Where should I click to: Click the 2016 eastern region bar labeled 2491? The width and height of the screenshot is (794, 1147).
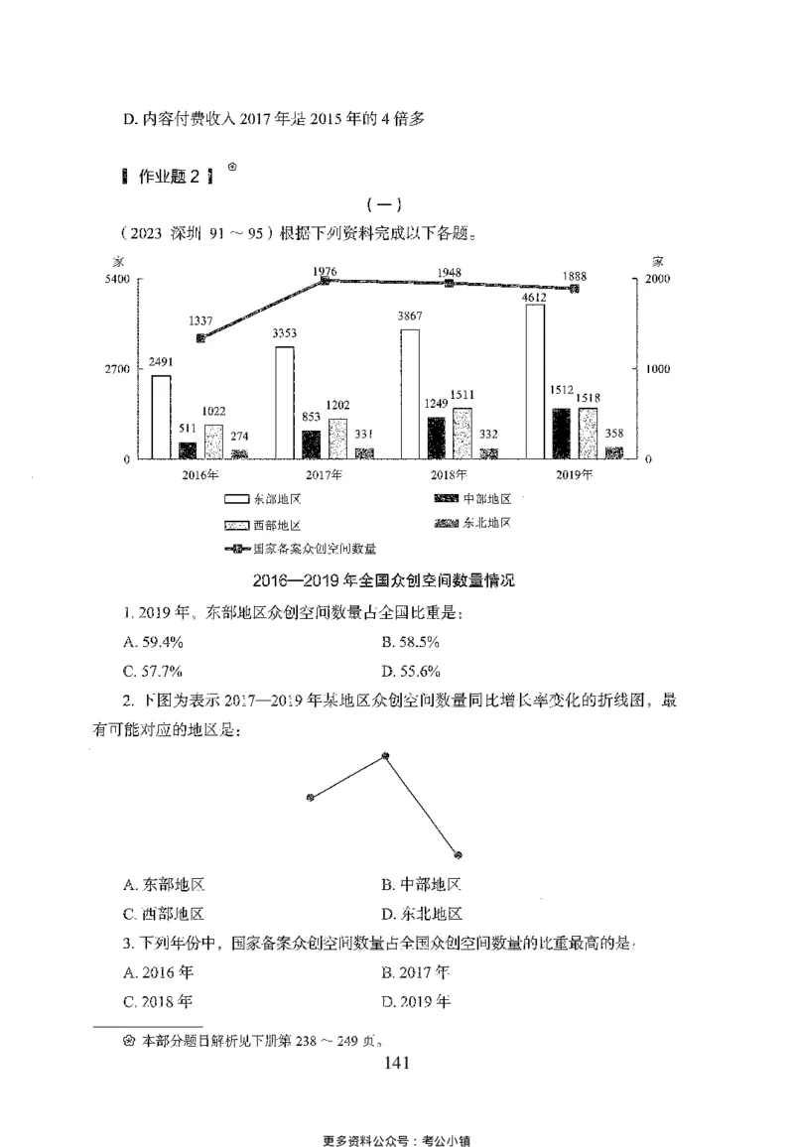pos(161,417)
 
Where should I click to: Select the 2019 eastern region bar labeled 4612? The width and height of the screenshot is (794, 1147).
pos(536,382)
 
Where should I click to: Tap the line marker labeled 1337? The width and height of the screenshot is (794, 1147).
pos(201,338)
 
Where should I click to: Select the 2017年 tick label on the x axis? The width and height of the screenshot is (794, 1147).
pos(325,474)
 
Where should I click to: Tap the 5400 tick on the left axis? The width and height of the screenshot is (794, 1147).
pos(118,280)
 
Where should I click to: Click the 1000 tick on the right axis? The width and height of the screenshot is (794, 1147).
pos(659,369)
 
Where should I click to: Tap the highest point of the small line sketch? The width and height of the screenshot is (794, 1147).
pos(386,756)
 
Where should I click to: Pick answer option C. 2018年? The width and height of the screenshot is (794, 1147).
pos(158,1001)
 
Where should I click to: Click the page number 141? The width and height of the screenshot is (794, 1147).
pos(395,1064)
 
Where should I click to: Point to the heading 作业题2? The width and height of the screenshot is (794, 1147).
pos(168,177)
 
